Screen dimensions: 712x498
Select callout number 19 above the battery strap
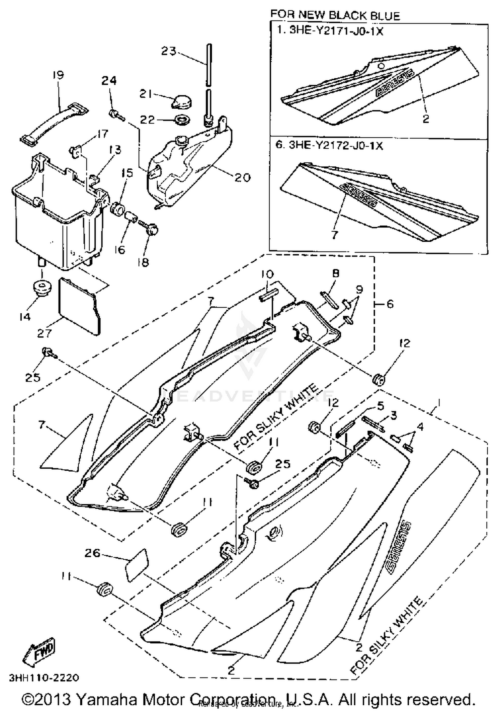coord(58,75)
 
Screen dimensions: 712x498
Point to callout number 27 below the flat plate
coord(44,333)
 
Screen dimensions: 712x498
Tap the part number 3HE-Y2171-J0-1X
coord(336,31)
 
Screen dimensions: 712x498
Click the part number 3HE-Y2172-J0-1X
coord(335,145)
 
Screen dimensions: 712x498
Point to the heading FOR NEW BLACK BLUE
coord(335,15)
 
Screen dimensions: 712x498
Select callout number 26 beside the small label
coord(93,553)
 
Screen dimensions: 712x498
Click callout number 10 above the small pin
coord(267,274)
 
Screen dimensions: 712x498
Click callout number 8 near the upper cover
coord(336,274)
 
